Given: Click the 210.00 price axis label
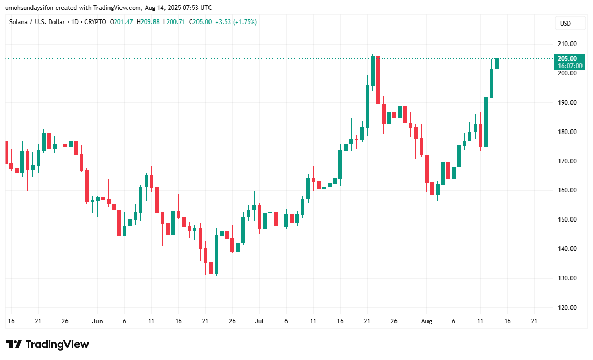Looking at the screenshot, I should click(567, 44).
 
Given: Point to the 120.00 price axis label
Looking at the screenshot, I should click(567, 308).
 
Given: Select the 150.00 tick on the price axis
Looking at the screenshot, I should click(567, 220).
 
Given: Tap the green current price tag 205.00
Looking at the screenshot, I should click(567, 59).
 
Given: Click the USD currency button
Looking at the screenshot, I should click(565, 24).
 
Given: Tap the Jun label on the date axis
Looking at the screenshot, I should click(97, 321).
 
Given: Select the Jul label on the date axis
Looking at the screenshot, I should click(259, 321).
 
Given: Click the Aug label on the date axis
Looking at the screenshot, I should click(426, 321).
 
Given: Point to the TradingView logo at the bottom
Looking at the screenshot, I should click(48, 344).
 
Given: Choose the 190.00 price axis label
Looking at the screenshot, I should click(567, 103).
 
